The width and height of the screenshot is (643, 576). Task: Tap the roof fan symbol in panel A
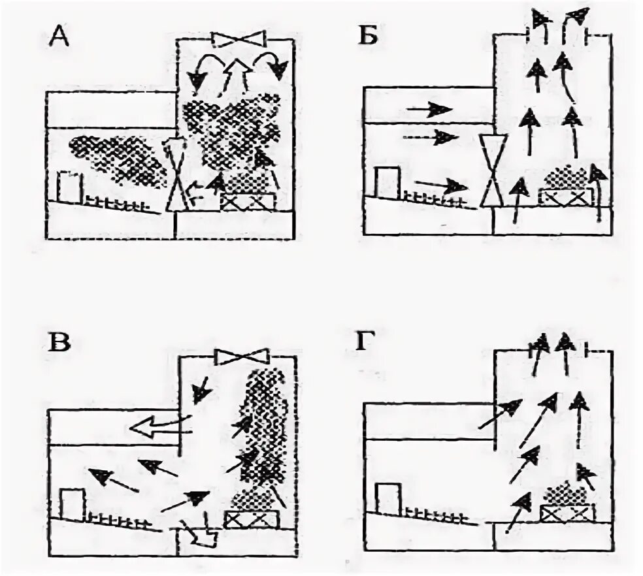237,40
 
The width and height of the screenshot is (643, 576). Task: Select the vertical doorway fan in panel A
177,174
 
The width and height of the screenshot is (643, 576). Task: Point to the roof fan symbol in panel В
241,357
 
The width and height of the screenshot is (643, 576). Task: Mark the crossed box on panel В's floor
252,520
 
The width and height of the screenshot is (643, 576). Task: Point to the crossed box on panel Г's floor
567,513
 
